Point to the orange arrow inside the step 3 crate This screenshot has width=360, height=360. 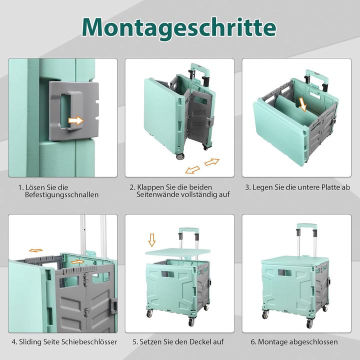[302, 103]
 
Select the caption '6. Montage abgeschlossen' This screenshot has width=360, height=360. [294, 342]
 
